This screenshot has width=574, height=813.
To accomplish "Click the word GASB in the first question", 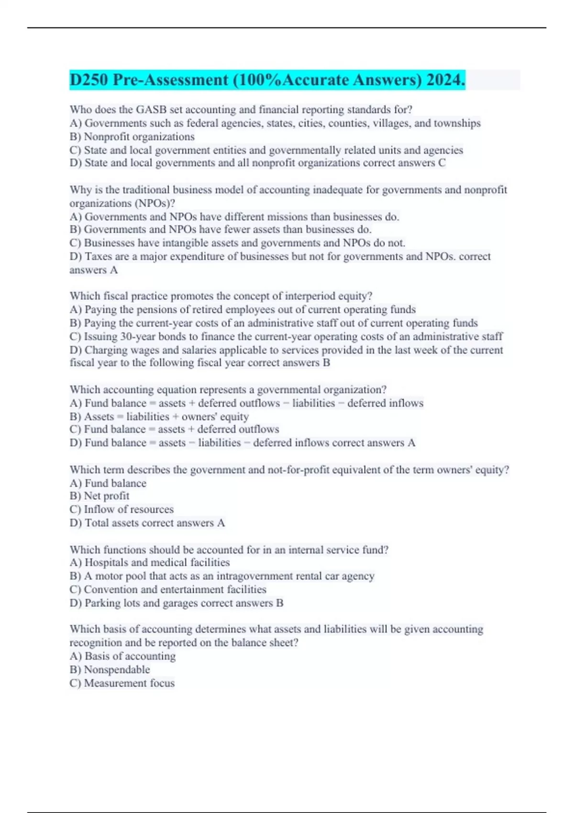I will tap(151, 110).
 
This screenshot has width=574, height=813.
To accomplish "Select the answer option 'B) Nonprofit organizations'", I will tap(132, 137).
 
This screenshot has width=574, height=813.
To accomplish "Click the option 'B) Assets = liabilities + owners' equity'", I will tap(159, 417).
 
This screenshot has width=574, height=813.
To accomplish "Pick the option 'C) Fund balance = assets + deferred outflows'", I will tap(174, 429).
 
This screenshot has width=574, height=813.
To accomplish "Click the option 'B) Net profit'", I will tap(99, 496).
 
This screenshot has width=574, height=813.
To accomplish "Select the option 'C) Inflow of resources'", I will tap(121, 509).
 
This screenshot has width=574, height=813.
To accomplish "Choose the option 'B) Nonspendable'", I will tap(110, 670).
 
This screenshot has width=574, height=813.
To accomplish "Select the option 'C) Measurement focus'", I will tap(122, 683).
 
